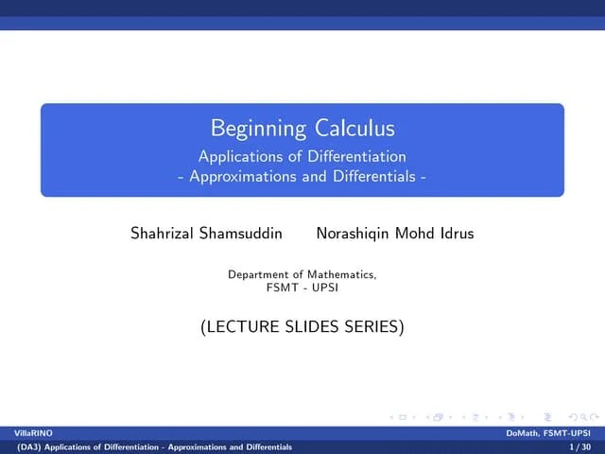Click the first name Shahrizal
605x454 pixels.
click(163, 233)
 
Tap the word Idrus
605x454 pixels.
click(455, 233)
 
